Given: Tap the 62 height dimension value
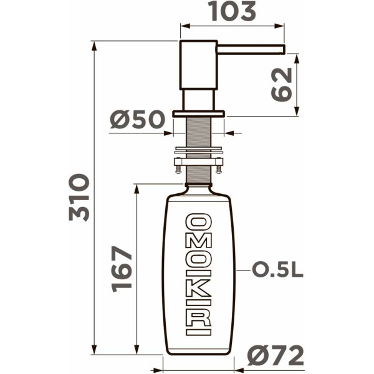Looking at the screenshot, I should (x=281, y=84).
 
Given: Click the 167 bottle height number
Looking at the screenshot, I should (x=123, y=268).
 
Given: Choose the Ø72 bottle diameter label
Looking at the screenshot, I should (x=275, y=356).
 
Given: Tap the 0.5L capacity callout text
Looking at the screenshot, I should (x=277, y=271).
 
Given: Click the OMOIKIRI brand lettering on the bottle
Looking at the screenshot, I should (x=199, y=274).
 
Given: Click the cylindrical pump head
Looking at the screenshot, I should (x=199, y=65).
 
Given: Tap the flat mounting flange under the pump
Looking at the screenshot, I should (x=199, y=114).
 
